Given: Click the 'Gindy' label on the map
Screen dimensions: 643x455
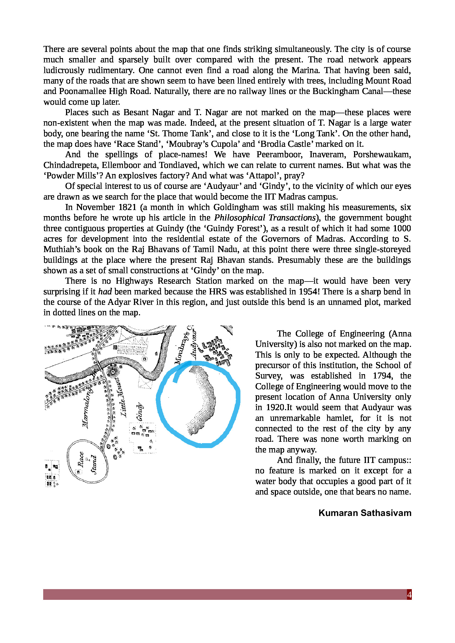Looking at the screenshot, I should pos(139,412).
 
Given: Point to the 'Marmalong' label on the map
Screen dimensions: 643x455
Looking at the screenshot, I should pos(87,406).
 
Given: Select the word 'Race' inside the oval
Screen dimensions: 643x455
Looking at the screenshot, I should pos(80,459).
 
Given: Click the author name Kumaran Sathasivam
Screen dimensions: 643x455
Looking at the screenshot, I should pos(365,513).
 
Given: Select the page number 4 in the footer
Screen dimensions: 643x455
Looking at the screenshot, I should pos(409,595).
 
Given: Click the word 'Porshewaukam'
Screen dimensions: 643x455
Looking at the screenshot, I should pos(382,154).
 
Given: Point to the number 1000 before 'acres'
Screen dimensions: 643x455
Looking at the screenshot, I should pos(402,228).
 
